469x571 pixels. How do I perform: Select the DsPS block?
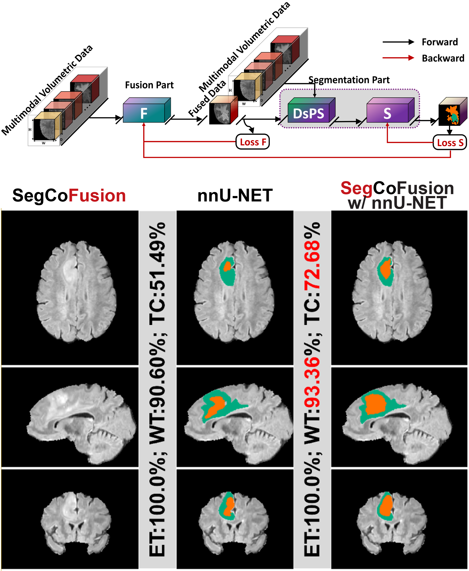[309, 113]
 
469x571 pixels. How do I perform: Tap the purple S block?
[387, 113]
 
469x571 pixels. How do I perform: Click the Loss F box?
[253, 142]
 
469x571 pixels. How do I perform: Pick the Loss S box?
[450, 143]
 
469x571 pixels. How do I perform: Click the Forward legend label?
[440, 42]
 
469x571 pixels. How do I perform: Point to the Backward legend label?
[443, 58]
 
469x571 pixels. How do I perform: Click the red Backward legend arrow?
[398, 58]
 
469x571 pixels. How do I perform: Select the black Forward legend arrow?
[398, 42]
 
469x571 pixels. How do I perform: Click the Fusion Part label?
[149, 85]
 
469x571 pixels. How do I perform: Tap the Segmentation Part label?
[349, 80]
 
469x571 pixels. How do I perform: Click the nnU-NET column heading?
[235, 196]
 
